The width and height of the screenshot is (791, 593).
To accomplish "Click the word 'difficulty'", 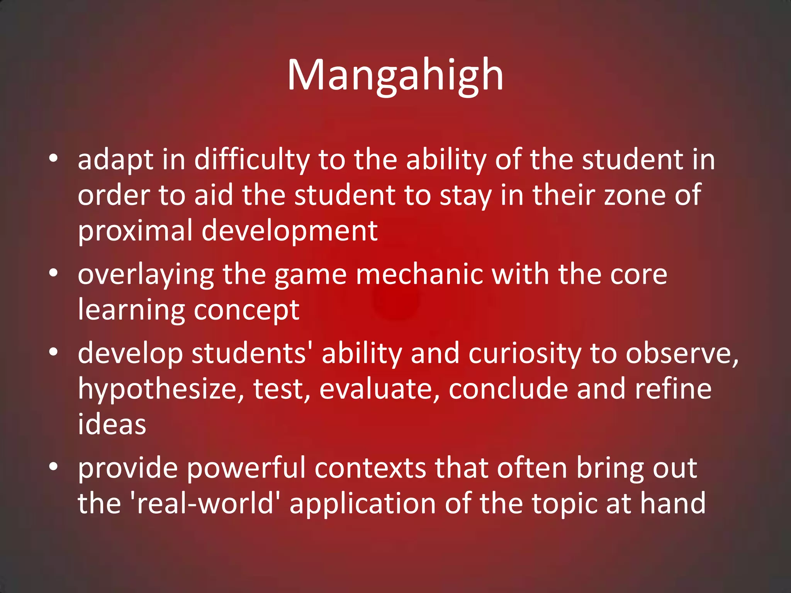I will click(x=252, y=160).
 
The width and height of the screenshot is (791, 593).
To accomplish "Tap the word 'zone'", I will click(x=635, y=195).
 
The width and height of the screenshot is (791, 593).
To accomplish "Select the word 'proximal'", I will click(x=135, y=231).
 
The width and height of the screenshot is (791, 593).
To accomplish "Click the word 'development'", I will click(x=290, y=231).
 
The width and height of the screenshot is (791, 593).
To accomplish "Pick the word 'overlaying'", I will click(x=146, y=275).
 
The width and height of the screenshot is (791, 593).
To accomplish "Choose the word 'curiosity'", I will click(x=525, y=354).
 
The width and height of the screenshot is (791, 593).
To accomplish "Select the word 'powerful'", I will click(x=246, y=468).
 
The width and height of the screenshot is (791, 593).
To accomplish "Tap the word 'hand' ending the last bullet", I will click(x=673, y=503).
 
